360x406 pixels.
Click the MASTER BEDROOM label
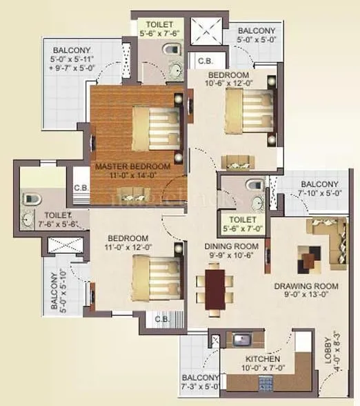(132, 166)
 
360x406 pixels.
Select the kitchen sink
(241, 340)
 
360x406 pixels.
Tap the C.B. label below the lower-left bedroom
(163, 319)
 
